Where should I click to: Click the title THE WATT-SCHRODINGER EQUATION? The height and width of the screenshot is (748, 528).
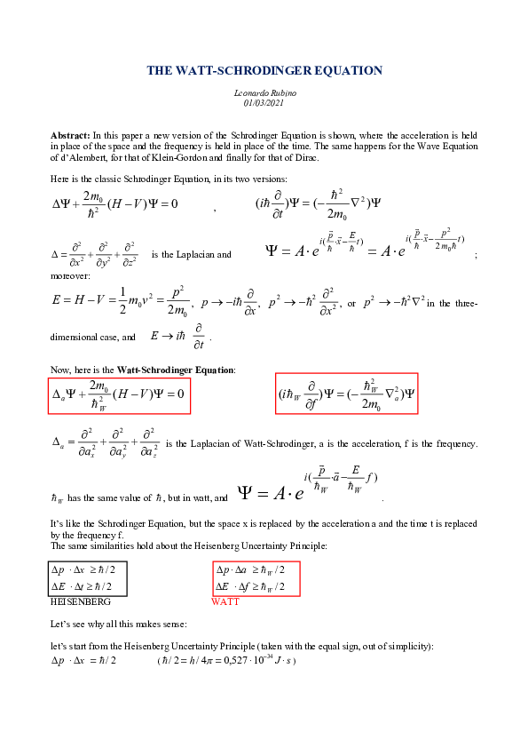264,70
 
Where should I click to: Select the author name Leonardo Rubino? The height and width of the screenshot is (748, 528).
264,93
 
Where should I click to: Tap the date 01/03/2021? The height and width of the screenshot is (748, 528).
264,103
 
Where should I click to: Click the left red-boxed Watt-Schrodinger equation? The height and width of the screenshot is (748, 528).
120,394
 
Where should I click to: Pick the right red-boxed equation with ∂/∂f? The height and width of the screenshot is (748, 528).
346,394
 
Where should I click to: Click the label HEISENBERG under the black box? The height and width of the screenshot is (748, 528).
75,601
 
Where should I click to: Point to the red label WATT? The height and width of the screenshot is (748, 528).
225,601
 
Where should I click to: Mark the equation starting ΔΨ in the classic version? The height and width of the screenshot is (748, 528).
115,204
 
